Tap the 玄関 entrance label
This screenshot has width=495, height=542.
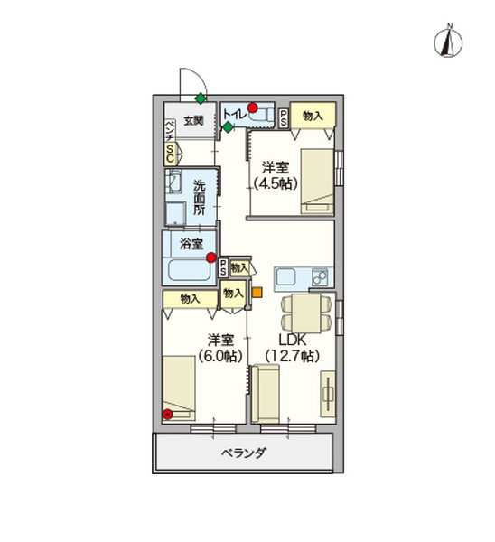point(193,120)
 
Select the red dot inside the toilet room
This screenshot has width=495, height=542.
point(254,108)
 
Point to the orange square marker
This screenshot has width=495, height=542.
point(257,292)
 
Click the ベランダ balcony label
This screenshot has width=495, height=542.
point(243,453)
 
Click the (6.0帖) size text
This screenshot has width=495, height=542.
point(221,356)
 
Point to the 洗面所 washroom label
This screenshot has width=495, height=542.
point(201,197)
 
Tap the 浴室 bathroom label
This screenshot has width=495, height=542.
point(190,243)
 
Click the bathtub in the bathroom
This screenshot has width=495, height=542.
point(188,269)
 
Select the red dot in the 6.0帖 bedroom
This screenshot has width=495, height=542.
point(168,415)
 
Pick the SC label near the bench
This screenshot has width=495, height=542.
point(169,154)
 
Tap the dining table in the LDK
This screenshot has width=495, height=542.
point(298,313)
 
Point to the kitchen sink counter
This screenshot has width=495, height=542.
point(304,276)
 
